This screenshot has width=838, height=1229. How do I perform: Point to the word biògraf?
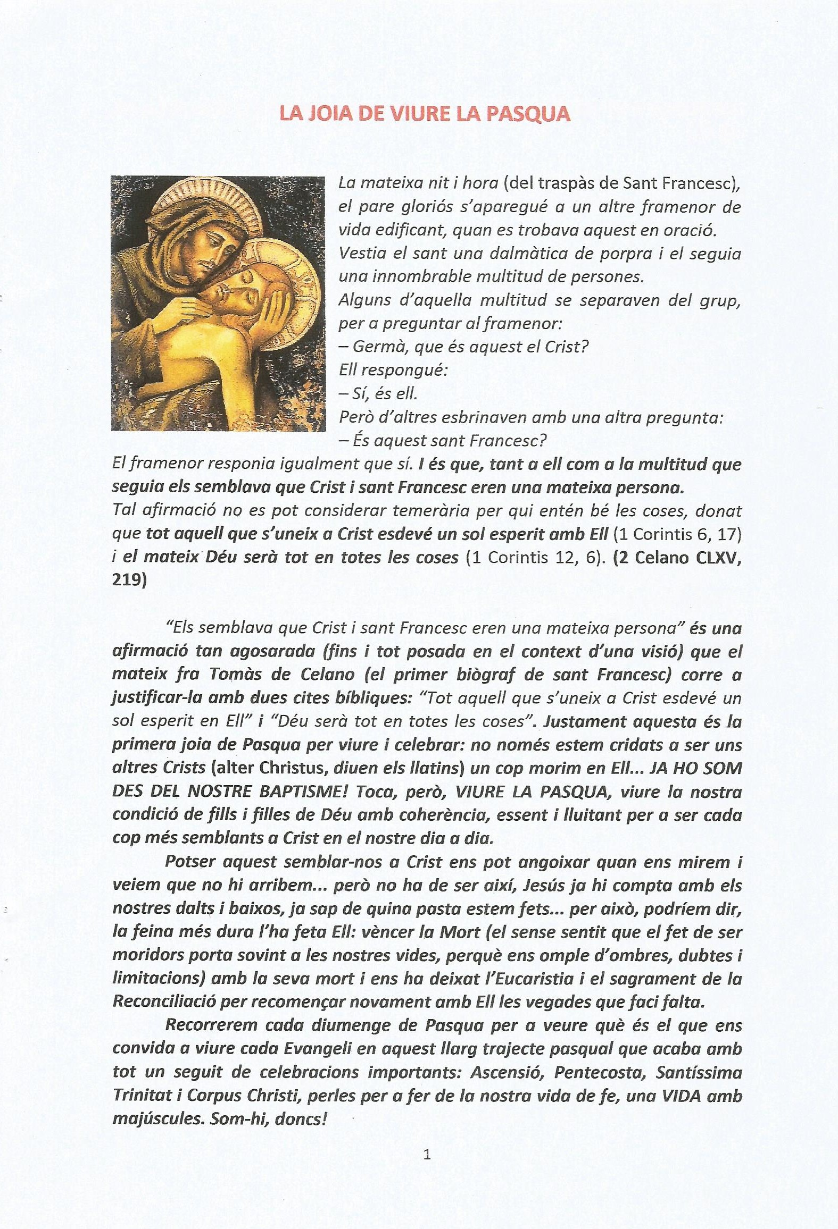click(486, 675)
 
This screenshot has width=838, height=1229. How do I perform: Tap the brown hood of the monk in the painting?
click(160, 234)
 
